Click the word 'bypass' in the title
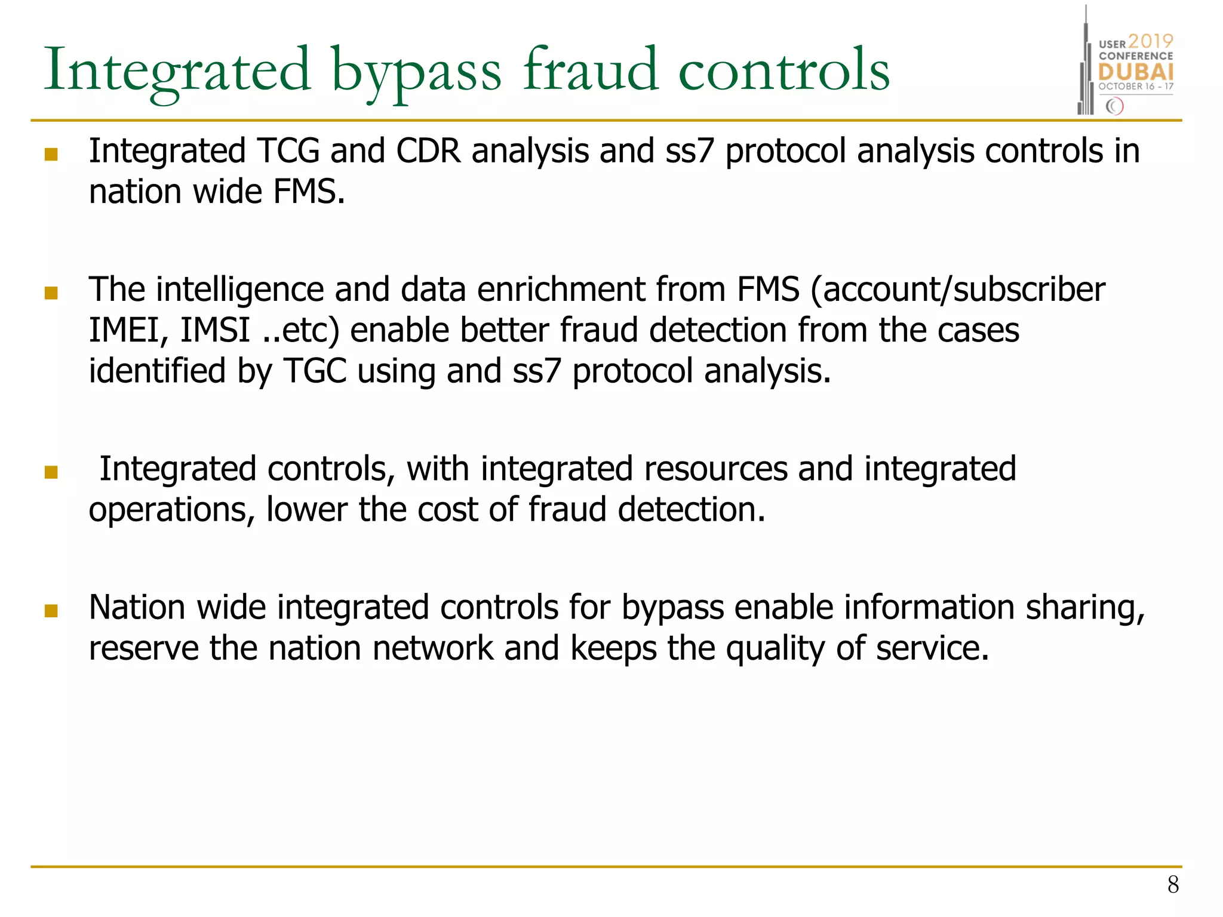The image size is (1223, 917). (416, 72)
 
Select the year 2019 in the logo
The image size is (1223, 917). (1150, 41)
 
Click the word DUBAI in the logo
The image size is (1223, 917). (1136, 72)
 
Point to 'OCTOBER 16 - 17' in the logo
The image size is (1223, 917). (1136, 87)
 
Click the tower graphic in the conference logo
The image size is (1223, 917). (1086, 66)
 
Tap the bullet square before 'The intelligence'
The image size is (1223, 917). (51, 293)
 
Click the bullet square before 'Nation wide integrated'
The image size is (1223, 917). (51, 611)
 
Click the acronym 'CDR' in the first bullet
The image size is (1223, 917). (428, 150)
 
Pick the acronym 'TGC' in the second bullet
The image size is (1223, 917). (315, 371)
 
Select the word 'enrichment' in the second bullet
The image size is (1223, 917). (561, 290)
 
